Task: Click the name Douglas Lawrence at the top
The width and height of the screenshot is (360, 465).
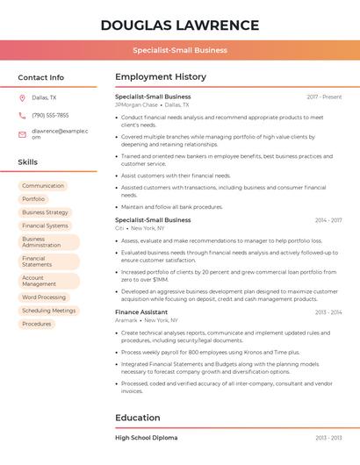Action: tap(180, 25)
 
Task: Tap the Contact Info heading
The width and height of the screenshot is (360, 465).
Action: tap(40, 77)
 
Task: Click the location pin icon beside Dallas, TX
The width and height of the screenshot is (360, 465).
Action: tap(22, 98)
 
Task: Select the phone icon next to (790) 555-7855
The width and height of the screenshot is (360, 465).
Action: tap(22, 116)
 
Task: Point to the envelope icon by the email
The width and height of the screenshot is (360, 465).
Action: tap(22, 133)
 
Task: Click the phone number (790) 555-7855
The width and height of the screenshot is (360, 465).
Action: tap(50, 116)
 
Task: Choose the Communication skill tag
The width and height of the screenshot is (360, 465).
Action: tap(43, 186)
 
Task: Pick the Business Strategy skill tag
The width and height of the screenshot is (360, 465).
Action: tap(45, 212)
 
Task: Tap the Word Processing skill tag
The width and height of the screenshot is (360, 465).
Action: tap(44, 297)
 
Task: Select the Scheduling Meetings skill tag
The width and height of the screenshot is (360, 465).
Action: tap(48, 311)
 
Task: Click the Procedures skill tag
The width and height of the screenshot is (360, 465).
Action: tap(37, 324)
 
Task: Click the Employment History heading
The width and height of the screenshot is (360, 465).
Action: tap(161, 77)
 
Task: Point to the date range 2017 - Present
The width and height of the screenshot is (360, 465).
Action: tap(324, 97)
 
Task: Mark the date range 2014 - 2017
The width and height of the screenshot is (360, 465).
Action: tap(328, 220)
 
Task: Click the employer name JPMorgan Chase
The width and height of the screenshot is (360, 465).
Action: tap(136, 104)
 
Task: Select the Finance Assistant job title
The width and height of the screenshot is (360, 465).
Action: tap(141, 312)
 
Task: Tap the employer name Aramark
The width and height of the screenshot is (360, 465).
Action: tap(126, 320)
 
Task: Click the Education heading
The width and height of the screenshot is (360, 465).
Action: tap(138, 418)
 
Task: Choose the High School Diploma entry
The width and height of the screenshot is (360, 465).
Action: tap(146, 437)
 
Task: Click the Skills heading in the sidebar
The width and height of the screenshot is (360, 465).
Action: tap(27, 162)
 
